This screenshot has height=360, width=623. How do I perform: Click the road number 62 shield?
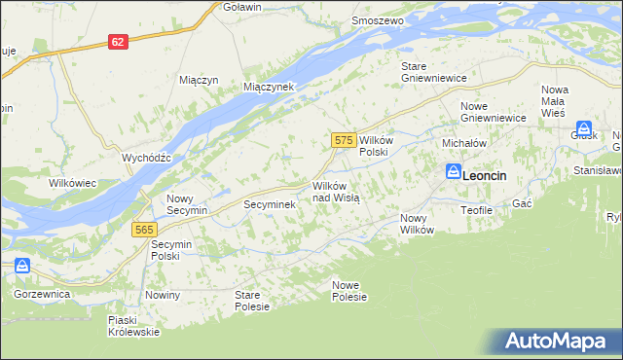118,42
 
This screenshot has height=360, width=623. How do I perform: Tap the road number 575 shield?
342,141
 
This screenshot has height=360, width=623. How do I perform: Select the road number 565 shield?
142,229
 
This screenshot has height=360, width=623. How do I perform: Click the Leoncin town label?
491,176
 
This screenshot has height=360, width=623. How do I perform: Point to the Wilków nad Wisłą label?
336,192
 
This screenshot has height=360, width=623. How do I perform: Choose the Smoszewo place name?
378,20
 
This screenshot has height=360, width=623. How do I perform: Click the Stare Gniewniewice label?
434,72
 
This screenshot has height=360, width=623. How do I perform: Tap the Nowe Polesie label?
349,290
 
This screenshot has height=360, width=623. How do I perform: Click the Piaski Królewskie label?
134,326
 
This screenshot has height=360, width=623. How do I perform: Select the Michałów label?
464,143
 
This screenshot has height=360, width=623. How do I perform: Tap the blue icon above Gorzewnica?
21,266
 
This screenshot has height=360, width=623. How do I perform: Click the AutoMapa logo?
557,342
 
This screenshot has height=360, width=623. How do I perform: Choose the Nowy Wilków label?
417,224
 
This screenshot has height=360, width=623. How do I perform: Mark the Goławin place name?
241,7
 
